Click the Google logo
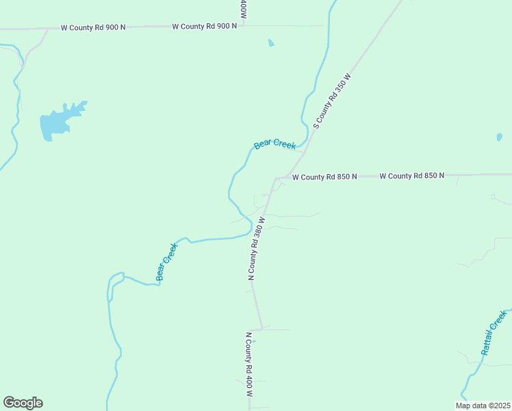(23, 403)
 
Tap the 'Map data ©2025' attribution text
(483, 406)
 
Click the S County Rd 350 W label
(331, 102)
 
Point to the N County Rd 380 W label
(255, 249)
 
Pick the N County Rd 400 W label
(249, 366)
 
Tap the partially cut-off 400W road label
(243, 9)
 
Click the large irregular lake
(58, 121)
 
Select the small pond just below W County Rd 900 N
(271, 43)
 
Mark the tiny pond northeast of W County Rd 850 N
(499, 137)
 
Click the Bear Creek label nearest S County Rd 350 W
(274, 145)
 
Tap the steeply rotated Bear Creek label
(166, 262)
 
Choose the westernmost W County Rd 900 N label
(93, 28)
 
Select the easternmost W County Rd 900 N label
(204, 26)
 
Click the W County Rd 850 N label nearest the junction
(324, 177)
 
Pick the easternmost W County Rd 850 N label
(411, 176)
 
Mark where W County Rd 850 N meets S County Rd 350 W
(277, 177)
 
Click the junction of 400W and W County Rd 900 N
(243, 27)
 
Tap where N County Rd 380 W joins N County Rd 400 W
(261, 328)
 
